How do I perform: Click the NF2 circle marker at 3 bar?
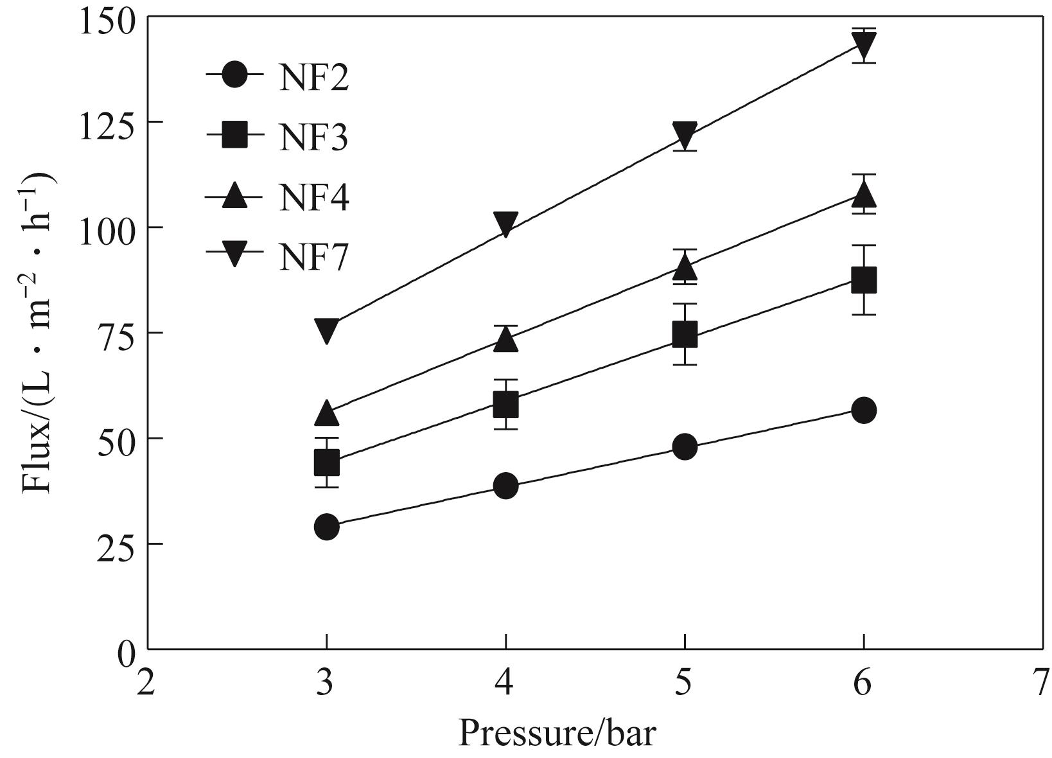[x=326, y=527]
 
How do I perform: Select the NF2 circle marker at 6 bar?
[x=864, y=410]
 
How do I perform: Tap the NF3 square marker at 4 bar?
[x=506, y=405]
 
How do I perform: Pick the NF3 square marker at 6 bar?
[x=864, y=281]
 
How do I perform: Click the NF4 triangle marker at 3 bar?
[x=326, y=414]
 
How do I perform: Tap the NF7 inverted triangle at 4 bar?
[x=506, y=224]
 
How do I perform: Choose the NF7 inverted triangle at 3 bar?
[x=326, y=330]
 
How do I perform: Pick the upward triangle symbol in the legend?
[x=235, y=195]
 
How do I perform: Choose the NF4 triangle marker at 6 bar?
[x=864, y=193]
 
